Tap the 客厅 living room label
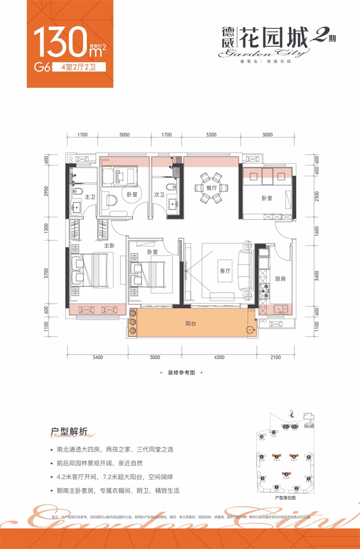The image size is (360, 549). pyautogui.click(x=225, y=271)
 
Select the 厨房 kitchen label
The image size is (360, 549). pyautogui.click(x=280, y=279)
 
